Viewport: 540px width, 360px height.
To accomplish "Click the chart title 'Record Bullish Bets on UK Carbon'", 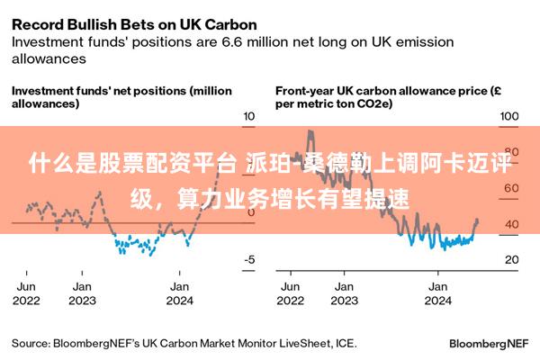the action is point(134,25).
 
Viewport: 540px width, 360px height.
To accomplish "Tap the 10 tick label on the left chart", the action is point(249,116).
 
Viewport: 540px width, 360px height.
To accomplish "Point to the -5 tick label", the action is point(249,259).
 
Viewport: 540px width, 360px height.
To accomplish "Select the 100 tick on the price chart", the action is point(509,116).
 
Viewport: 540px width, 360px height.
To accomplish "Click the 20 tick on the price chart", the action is point(512,259).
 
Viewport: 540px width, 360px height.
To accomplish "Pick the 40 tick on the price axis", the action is point(512,224).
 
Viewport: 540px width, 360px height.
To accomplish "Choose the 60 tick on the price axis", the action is point(512,188).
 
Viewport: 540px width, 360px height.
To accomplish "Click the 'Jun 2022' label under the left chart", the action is point(26,293).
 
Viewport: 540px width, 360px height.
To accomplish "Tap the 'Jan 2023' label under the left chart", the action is point(82,293).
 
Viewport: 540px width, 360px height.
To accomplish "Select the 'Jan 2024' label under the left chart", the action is point(180,293).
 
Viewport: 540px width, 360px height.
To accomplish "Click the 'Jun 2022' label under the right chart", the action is point(291,293).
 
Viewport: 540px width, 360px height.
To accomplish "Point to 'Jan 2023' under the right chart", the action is point(345,293).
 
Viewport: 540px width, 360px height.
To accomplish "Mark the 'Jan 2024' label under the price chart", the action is point(438,293).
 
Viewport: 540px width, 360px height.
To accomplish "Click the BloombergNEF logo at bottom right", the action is point(489,344).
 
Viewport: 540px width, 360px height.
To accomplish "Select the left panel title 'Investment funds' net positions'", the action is point(100,91).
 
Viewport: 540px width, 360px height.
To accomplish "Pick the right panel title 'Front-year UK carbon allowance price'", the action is point(382,91).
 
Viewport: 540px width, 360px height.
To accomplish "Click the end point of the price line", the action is point(477,220).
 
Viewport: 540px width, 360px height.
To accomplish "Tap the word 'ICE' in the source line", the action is point(345,344).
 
